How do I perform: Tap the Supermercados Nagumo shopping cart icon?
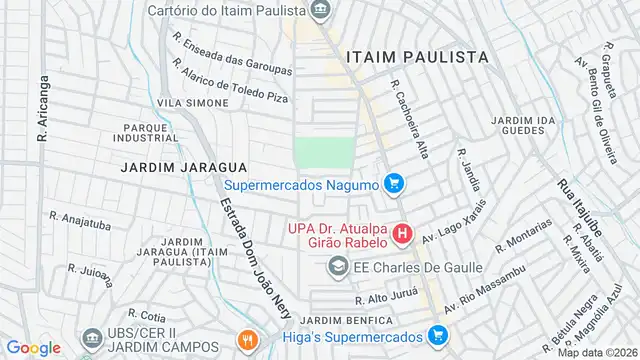coord(394,184)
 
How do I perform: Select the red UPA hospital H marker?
coord(402,236)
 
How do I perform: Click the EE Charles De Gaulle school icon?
coord(338,267)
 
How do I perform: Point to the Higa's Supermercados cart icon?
coord(438,336)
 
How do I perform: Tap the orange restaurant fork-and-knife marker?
coord(248,340)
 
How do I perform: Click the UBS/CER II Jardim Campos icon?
coord(92,340)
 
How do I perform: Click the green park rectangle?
coord(324,154)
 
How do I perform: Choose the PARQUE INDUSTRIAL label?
coord(151,133)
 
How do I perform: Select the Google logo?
coord(33,347)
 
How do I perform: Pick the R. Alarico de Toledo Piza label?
coord(230,82)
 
